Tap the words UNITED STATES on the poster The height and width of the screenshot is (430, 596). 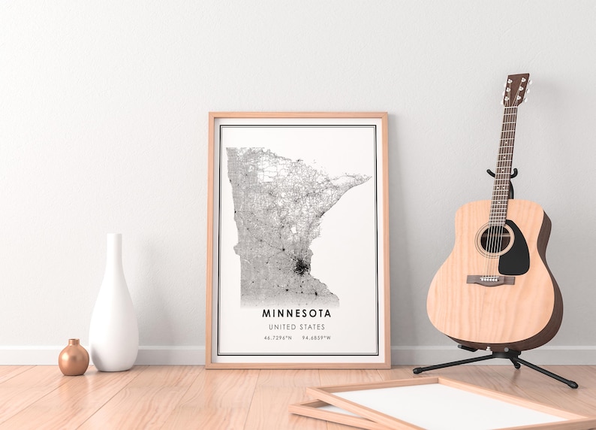click(297, 327)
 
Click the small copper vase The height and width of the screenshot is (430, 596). click(74, 359)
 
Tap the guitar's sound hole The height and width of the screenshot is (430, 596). click(494, 240)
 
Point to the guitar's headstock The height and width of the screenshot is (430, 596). click(516, 89)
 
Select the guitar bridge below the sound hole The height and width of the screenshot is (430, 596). click(491, 280)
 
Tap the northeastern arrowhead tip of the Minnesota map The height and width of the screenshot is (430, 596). click(368, 177)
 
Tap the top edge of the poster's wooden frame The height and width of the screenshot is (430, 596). click(298, 115)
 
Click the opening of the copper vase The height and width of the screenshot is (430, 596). click(73, 341)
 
